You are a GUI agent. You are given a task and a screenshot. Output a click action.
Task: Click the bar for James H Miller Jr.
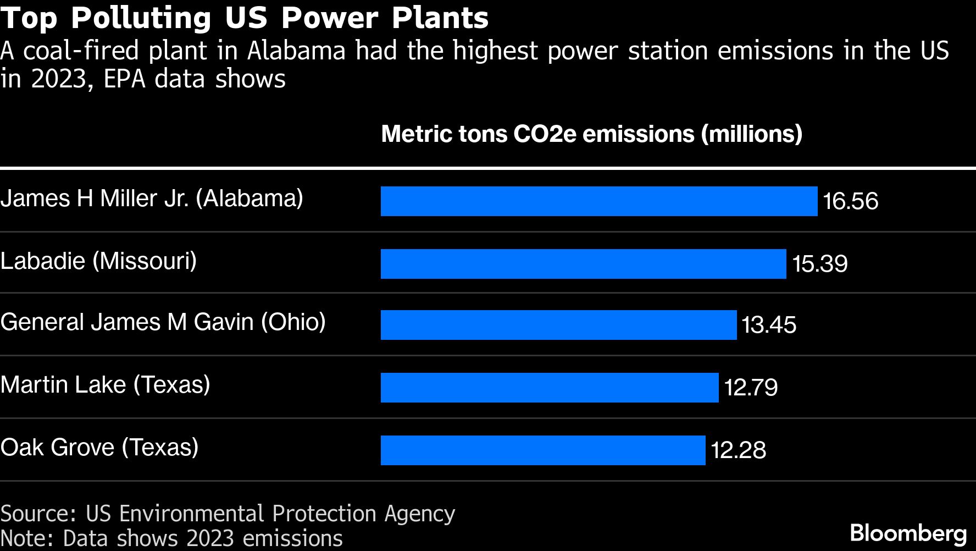[599, 201]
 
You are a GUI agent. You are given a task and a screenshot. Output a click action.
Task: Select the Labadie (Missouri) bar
[583, 264]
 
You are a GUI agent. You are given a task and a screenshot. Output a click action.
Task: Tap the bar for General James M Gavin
[558, 325]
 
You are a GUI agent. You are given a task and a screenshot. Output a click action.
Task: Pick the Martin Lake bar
[550, 388]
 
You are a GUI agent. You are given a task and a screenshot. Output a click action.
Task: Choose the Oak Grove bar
[543, 450]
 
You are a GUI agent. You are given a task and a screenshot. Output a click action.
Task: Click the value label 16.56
[850, 201]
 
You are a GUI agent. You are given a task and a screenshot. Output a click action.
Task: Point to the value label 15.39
[819, 264]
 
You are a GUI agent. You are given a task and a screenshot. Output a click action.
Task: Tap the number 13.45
[769, 325]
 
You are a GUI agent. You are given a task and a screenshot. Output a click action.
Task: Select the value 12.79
[751, 388]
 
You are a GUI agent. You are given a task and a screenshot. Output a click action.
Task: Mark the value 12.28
[738, 450]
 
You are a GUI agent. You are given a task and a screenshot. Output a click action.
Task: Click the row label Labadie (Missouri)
[98, 261]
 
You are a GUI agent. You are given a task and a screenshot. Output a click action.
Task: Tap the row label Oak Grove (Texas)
[99, 447]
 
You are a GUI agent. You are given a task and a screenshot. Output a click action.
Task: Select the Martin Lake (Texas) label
[105, 384]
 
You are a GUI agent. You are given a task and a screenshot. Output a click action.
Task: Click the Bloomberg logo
[908, 533]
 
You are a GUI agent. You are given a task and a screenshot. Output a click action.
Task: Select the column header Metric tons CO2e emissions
[591, 134]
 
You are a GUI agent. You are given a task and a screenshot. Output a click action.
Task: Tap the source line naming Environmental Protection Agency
[228, 514]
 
